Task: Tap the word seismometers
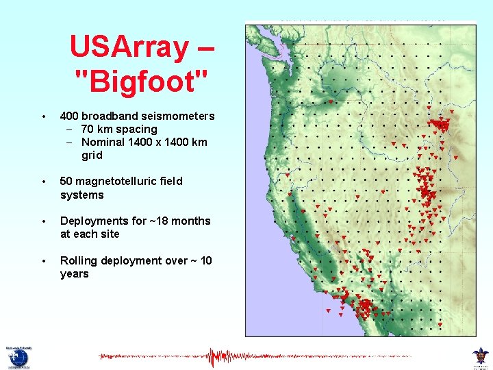[181, 116]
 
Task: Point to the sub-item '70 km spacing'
[118, 129]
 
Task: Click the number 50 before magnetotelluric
[66, 181]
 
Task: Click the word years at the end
[74, 273]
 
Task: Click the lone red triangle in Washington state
[331, 102]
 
